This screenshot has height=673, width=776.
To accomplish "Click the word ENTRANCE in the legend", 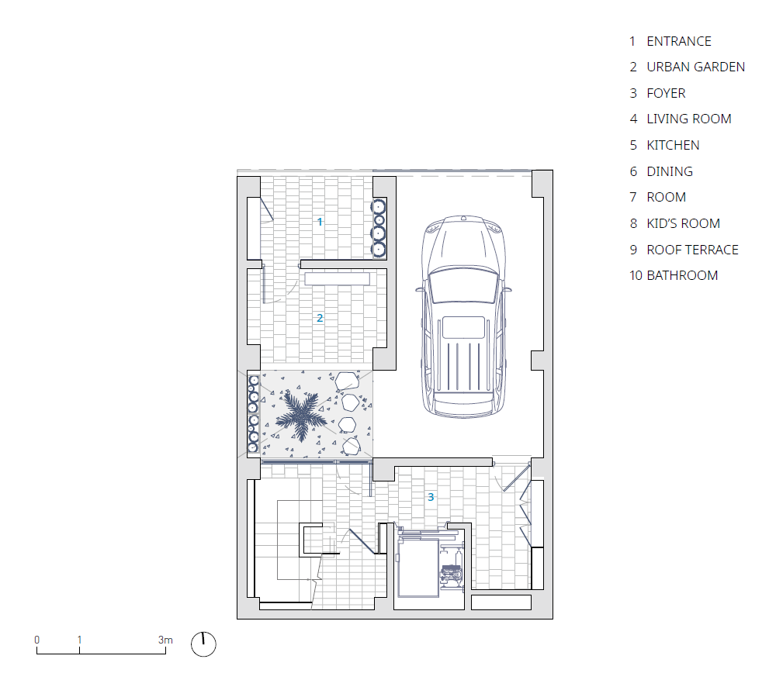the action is (x=678, y=41).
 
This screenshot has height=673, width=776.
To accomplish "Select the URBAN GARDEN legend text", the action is (x=695, y=67).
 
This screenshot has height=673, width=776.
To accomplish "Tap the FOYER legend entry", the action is (x=666, y=93).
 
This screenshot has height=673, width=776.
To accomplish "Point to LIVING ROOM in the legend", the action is (x=688, y=119).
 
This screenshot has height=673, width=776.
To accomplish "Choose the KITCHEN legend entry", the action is (x=673, y=145).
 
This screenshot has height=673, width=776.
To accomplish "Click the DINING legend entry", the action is (x=669, y=171).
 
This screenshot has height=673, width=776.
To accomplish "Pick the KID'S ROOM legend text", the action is (x=683, y=223).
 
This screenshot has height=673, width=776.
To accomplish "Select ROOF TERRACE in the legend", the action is (x=692, y=249).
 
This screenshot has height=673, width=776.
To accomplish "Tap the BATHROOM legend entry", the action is (x=682, y=275).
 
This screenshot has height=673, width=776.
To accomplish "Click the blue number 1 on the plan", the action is (x=320, y=222).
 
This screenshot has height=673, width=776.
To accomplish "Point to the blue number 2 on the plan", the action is (x=320, y=318).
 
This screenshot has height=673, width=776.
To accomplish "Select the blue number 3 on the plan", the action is (x=431, y=497).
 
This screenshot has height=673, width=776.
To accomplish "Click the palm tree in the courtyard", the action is (x=300, y=416).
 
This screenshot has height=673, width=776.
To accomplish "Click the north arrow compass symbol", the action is (x=203, y=644).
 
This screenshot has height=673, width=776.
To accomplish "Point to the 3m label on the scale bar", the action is (x=165, y=640).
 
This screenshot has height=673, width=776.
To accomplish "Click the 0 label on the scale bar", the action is (x=36, y=640).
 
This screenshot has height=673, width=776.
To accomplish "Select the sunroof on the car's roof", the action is (x=463, y=327).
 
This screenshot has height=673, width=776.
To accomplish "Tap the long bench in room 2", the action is (x=337, y=278).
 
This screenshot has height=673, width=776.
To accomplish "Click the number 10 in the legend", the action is (x=636, y=275).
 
